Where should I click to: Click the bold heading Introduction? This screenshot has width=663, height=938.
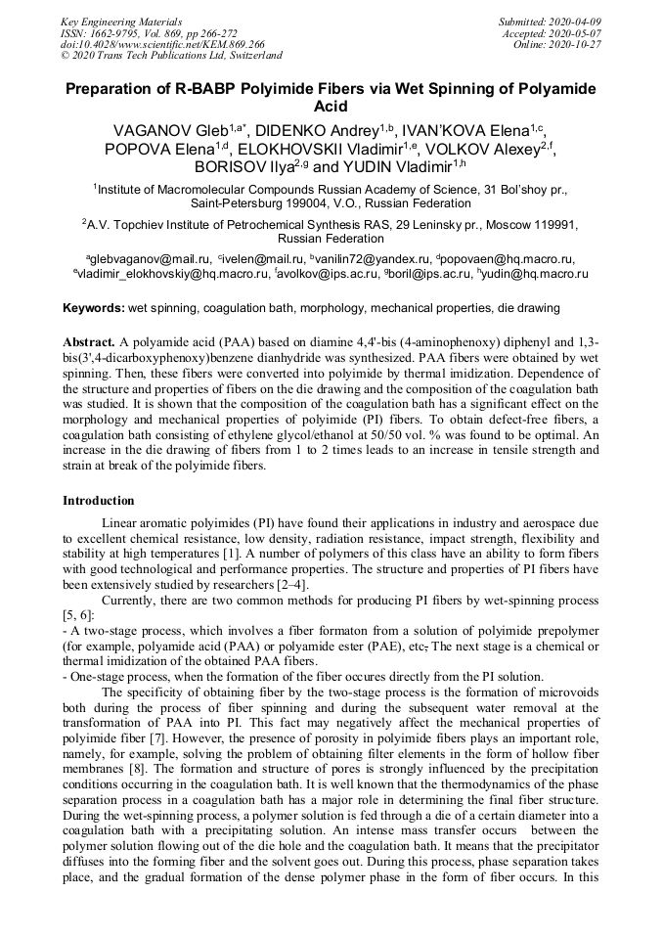[x=99, y=501]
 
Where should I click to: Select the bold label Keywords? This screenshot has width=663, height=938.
[x=94, y=308]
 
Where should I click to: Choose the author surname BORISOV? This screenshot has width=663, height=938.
[x=236, y=168]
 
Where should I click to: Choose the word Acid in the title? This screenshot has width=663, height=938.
[x=331, y=106]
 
